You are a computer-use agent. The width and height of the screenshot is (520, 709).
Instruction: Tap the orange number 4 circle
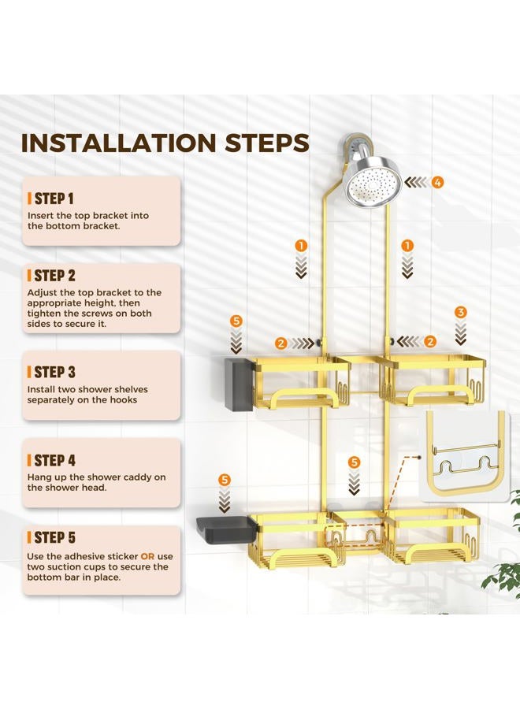pyautogui.click(x=437, y=182)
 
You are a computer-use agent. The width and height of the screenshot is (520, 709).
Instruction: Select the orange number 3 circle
pyautogui.click(x=461, y=312)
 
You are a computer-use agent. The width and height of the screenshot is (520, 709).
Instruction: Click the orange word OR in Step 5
pyautogui.click(x=147, y=556)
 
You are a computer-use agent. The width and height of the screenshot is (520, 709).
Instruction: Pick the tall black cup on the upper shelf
pyautogui.click(x=238, y=384)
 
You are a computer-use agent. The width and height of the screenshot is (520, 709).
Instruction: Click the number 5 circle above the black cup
pyautogui.click(x=236, y=321)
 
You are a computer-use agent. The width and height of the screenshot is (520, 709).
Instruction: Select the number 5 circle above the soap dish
pyautogui.click(x=225, y=480)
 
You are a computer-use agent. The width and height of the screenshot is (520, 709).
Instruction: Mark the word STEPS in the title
pyautogui.click(x=267, y=143)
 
